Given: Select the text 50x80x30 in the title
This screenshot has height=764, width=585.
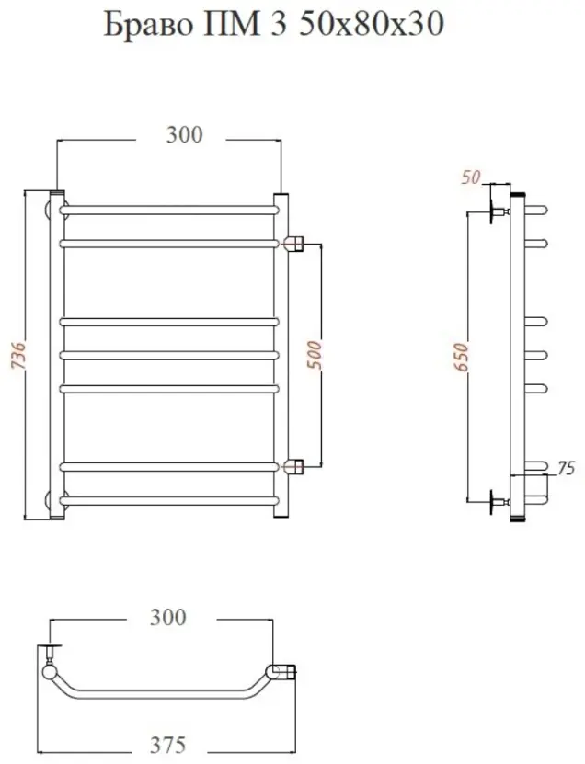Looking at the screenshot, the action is point(371,24).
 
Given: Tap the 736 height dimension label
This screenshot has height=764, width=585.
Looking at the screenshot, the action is point(18,355).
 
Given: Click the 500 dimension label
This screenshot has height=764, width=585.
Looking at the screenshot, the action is point(315,355).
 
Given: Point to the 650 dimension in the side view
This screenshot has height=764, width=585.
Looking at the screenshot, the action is point(461,357).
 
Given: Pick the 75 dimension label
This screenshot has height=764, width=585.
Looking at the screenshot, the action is point(566,468).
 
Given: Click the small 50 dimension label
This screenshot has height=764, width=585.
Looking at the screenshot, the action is point(470,177).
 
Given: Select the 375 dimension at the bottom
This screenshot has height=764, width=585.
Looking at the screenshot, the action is point(167,745).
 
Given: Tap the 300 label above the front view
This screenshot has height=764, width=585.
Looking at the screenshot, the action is point(184,134).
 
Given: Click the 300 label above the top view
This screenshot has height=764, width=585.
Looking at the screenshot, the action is point(167,617).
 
